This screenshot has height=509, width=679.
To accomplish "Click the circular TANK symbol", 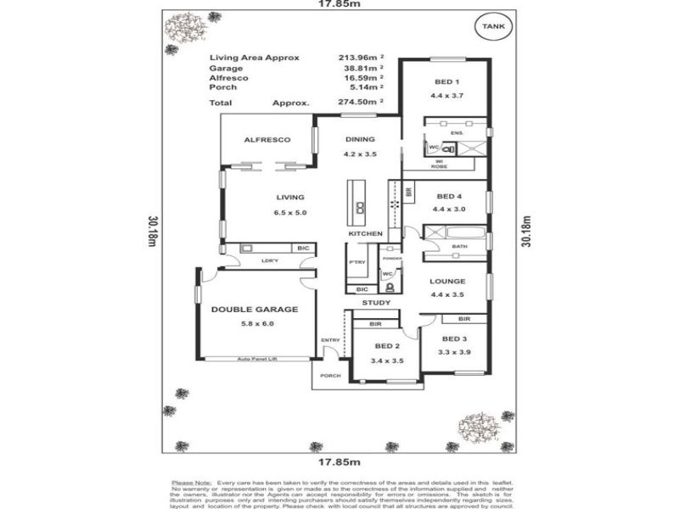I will pyautogui.click(x=491, y=27).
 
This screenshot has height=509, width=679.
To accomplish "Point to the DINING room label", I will pyautogui.click(x=359, y=140).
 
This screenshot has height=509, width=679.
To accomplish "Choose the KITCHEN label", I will pyautogui.click(x=365, y=233).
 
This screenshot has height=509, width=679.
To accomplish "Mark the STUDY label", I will pyautogui.click(x=375, y=302).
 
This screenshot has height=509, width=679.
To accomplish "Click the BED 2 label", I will pyautogui.click(x=386, y=346).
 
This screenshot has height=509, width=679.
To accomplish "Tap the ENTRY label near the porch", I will pyautogui.click(x=330, y=340).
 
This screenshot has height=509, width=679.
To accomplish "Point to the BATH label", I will pyautogui.click(x=460, y=247).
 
